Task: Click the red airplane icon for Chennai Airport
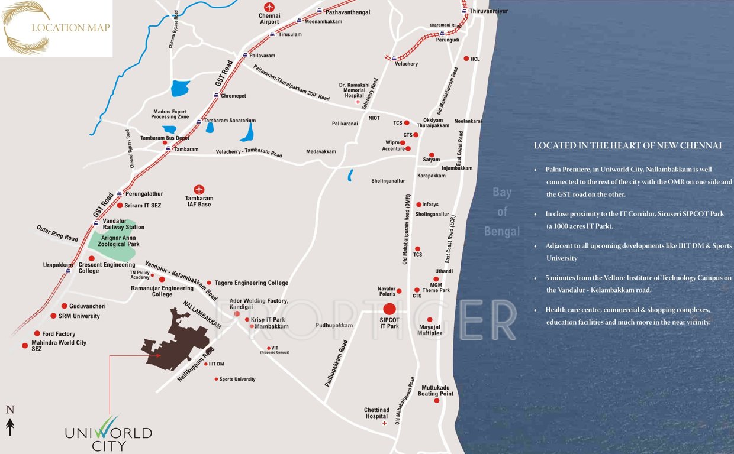pos(270,8)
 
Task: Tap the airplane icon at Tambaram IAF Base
pos(199,190)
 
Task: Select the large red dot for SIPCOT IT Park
pos(389,309)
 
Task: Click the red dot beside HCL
pos(466,59)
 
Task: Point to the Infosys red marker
pos(418,205)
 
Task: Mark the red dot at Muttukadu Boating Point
pos(436,401)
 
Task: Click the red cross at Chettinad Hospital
pos(385,423)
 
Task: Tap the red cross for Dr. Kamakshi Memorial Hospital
pos(357,102)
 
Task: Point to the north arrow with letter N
pos(9,421)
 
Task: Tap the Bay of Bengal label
pos(502,211)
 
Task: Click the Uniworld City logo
pos(108,433)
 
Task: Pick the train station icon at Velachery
pos(394,59)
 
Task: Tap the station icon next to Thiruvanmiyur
pos(465,11)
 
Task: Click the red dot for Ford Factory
pos(37,333)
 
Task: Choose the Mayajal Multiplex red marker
pos(430,320)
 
